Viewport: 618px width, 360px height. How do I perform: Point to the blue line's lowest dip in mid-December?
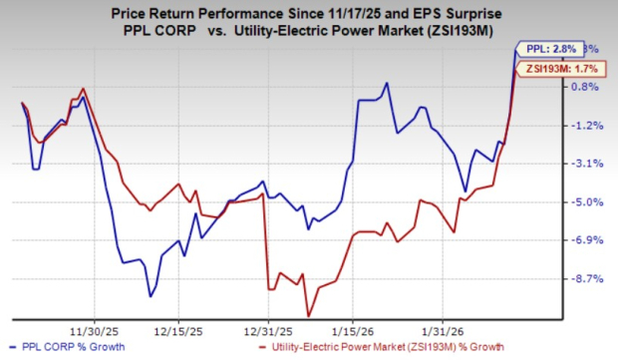[150, 296]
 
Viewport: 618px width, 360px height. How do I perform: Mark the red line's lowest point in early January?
[308, 316]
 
